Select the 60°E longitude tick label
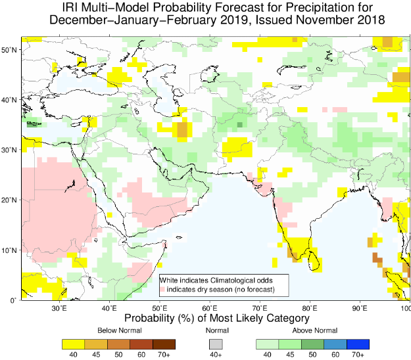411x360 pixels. point(210,308)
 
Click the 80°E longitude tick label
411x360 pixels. point(310,308)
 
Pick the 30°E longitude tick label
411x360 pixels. point(59,308)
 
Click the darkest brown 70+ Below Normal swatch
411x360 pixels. point(164,344)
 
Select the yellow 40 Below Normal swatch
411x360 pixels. point(74,344)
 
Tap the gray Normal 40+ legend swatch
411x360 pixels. point(216,344)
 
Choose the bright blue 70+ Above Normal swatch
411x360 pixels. point(358,344)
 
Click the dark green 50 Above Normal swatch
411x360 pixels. point(313,344)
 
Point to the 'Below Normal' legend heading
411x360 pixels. point(120,330)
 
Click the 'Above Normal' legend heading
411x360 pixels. point(315,330)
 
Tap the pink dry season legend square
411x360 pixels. point(163,289)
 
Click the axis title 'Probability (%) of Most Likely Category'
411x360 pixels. point(217,318)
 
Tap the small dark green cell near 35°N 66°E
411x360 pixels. point(239,125)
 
